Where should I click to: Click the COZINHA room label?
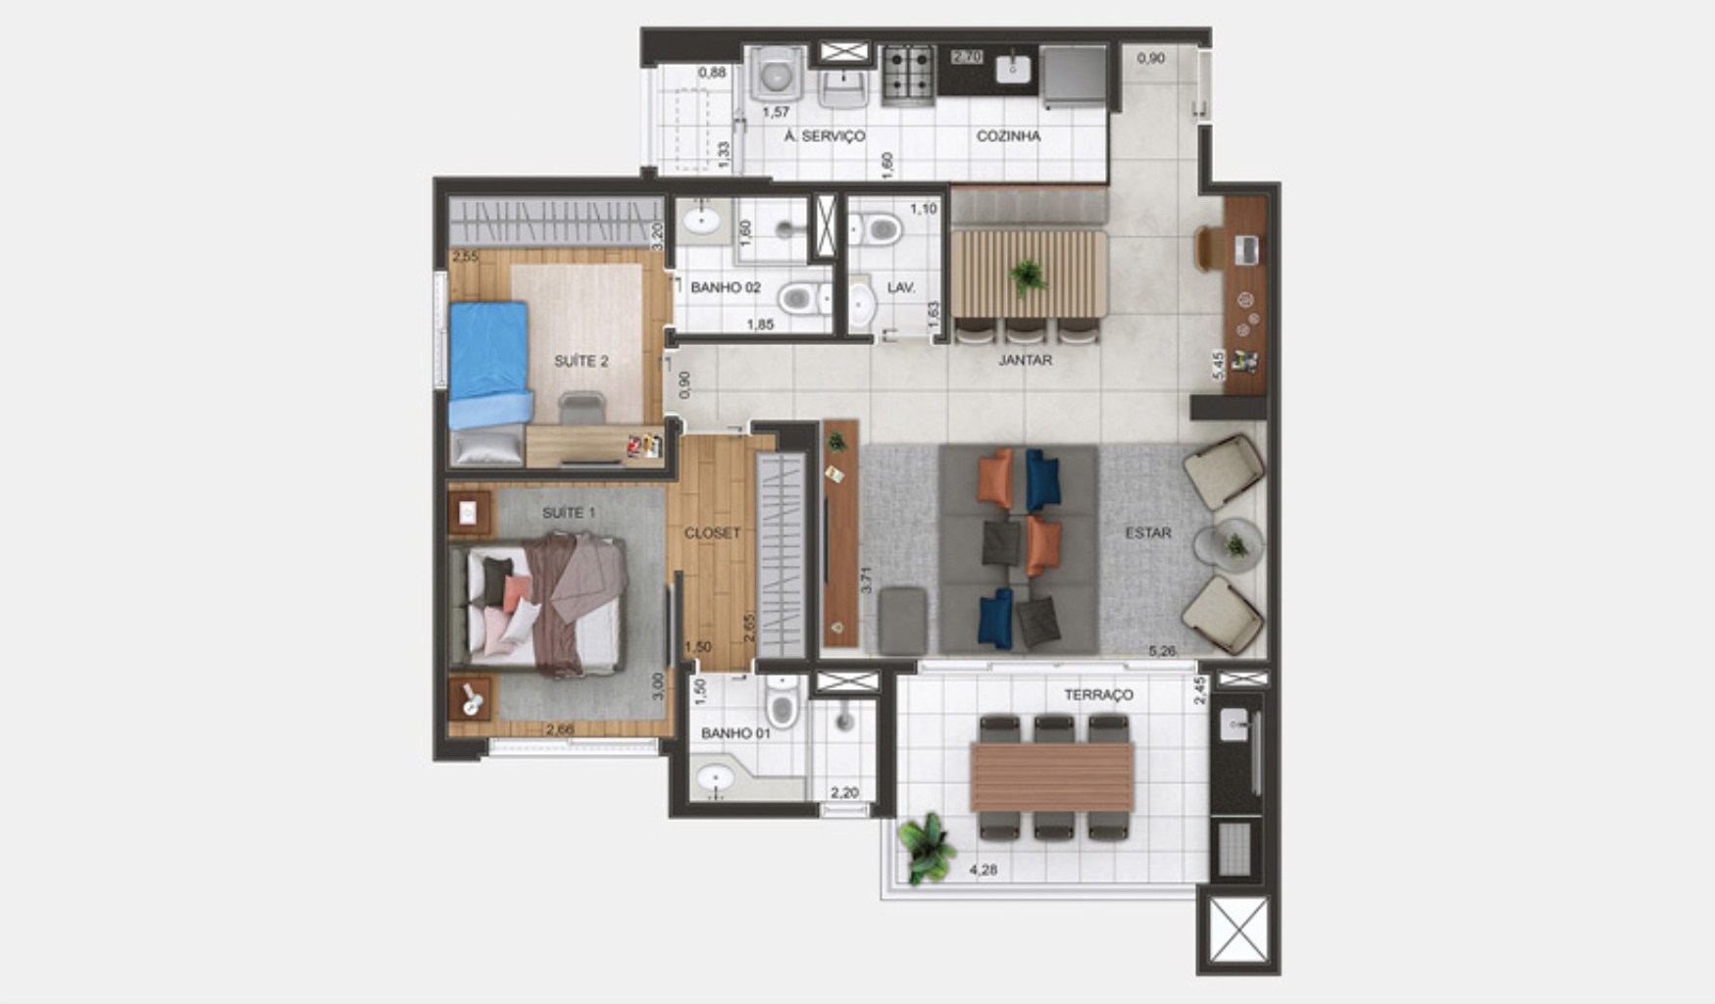pyautogui.click(x=1008, y=136)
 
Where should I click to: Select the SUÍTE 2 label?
pyautogui.click(x=581, y=361)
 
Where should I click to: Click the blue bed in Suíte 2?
pyautogui.click(x=489, y=364)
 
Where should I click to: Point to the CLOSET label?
pyautogui.click(x=713, y=532)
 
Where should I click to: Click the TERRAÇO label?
pyautogui.click(x=1098, y=694)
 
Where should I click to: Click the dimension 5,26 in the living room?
pyautogui.click(x=1162, y=650)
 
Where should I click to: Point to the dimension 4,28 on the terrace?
pyautogui.click(x=983, y=869)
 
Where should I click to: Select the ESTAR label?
pyautogui.click(x=1147, y=532)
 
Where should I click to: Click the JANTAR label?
pyautogui.click(x=1026, y=360)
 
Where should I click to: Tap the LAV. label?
pyautogui.click(x=900, y=287)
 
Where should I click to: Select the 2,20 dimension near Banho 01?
pyautogui.click(x=844, y=792)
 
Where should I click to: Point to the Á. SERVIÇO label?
pyautogui.click(x=824, y=136)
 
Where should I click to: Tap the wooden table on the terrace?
pyautogui.click(x=1052, y=777)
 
